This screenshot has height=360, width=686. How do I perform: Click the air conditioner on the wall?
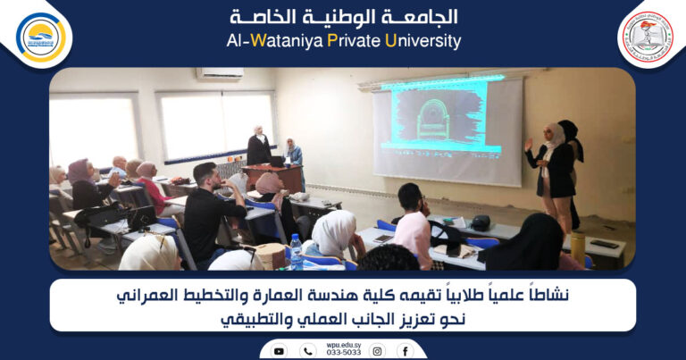(220, 74)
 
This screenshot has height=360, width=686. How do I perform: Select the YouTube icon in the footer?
(279, 351)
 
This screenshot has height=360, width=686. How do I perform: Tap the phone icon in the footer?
(308, 351)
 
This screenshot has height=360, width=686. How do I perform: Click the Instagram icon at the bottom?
(377, 351)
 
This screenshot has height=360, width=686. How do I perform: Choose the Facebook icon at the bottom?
(406, 351)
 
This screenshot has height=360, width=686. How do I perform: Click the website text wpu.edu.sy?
(343, 343)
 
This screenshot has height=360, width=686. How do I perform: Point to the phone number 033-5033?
(343, 353)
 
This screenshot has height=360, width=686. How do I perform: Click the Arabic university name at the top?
(343, 17)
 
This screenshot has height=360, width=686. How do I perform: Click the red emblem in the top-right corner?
(646, 36)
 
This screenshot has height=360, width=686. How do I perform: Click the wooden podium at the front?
(274, 177)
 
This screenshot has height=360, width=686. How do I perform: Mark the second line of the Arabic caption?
(343, 320)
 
